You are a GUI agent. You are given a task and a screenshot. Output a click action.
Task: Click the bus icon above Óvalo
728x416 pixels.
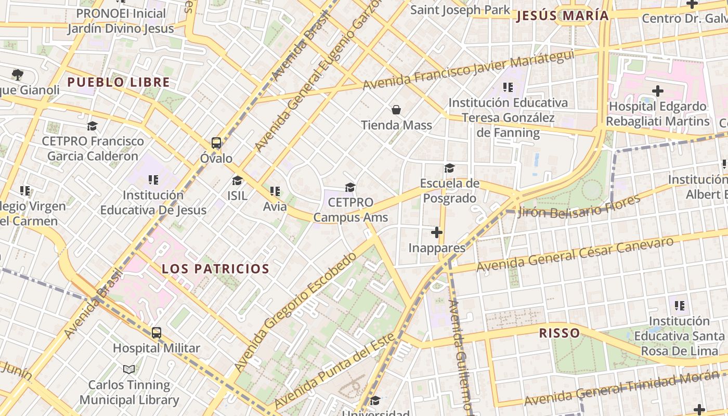pyautogui.click(x=216, y=143)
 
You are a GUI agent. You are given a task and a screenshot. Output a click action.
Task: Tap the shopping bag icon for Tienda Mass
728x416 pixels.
pyautogui.click(x=396, y=110)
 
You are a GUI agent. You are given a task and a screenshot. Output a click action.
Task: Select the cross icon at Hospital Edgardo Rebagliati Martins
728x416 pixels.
pyautogui.click(x=658, y=91)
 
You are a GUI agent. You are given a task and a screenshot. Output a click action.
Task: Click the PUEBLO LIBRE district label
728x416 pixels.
pyautogui.click(x=119, y=82)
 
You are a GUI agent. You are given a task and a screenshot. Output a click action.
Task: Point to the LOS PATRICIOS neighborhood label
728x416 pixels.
pyautogui.click(x=215, y=269)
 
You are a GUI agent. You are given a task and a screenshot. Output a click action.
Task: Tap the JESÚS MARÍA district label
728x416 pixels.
pyautogui.click(x=562, y=16)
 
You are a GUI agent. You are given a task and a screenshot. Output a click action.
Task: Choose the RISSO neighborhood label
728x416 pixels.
pyautogui.click(x=559, y=333)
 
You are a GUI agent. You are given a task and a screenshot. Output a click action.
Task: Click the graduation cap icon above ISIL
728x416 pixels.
pyautogui.click(x=238, y=180)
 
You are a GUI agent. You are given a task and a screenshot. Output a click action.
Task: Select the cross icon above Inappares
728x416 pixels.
pyautogui.click(x=437, y=232)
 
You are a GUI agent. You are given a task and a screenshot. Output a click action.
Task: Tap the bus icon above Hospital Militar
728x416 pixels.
pyautogui.click(x=157, y=333)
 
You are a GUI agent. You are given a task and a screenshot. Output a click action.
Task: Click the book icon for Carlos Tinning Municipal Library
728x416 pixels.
pyautogui.click(x=129, y=369)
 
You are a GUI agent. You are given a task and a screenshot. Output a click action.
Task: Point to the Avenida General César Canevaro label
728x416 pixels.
pyautogui.click(x=575, y=255)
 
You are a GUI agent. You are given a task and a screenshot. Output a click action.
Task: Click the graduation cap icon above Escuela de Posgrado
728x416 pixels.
pyautogui.click(x=449, y=168)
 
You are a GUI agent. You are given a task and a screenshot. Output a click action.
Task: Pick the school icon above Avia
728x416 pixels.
pyautogui.click(x=275, y=191)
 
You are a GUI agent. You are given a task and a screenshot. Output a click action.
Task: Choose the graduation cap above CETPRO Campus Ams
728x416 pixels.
pyautogui.click(x=350, y=187)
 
